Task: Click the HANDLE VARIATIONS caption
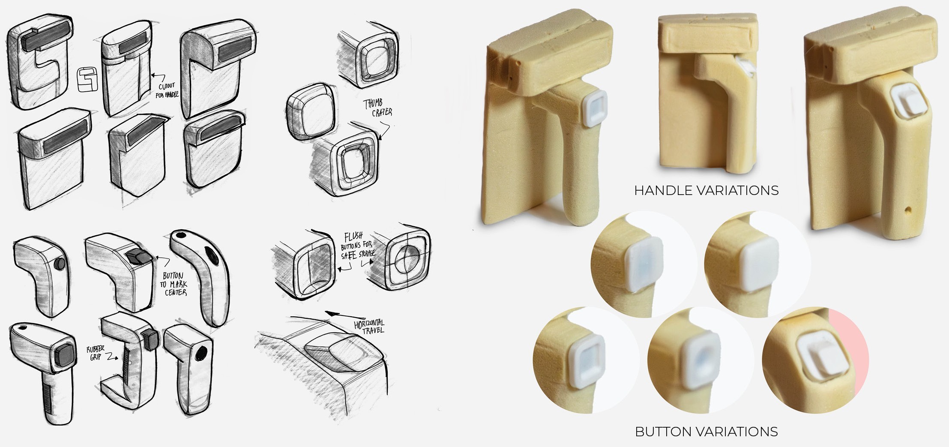click(706, 190)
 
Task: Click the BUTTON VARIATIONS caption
click(706, 431)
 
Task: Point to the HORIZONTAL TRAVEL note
click(369, 326)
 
